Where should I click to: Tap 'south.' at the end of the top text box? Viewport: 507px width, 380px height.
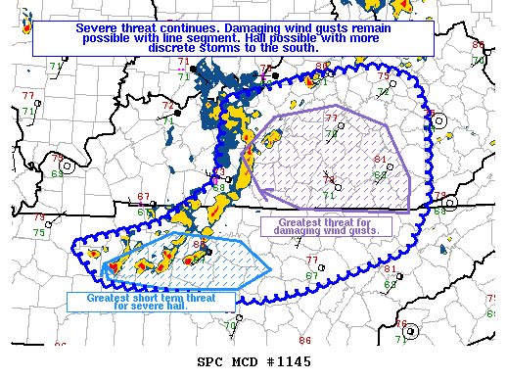click(300, 46)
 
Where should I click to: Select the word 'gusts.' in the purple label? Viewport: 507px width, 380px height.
click(370, 231)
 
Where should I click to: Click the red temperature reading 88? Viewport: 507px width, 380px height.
click(199, 245)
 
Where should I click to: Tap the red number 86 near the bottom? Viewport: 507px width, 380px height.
click(305, 340)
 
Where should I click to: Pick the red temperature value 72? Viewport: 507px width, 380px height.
click(167, 105)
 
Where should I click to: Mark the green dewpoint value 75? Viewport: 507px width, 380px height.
click(39, 232)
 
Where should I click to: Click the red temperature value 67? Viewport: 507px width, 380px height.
click(144, 197)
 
